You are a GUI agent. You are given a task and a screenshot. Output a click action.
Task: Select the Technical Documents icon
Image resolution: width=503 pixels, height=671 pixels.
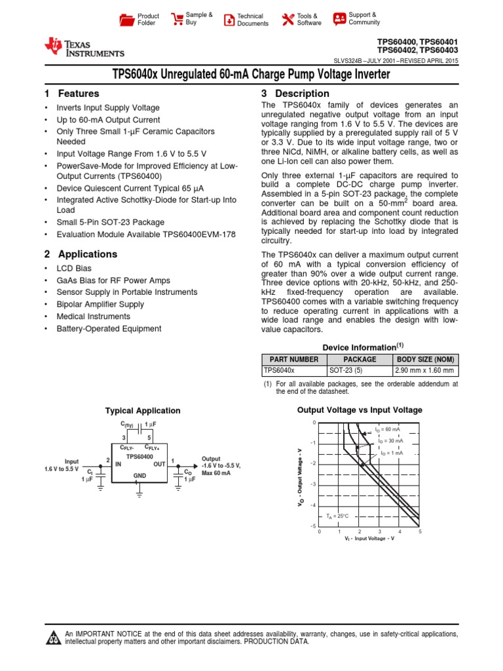(229, 20)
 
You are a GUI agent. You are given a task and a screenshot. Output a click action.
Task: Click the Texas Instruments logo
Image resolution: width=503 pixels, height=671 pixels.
(84, 47)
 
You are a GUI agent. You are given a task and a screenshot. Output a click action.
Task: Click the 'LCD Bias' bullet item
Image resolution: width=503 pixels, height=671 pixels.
(74, 269)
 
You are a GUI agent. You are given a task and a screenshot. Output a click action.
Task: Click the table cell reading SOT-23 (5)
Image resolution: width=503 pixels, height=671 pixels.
(348, 370)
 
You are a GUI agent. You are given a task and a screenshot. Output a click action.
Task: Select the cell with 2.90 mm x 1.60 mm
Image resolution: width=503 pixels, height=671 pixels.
(424, 370)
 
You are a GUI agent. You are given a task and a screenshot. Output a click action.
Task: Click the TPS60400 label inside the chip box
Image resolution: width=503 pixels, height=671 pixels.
(140, 456)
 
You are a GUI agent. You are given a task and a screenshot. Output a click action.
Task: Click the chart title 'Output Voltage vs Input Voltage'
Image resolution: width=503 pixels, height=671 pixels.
(360, 410)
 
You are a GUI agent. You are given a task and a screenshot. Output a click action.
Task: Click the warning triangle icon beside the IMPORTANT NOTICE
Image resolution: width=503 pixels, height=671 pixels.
(52, 638)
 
